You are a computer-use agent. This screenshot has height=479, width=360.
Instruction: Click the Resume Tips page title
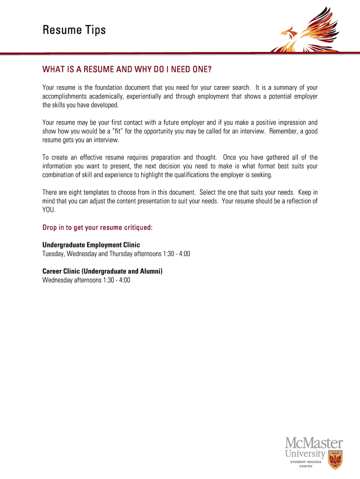click(x=74, y=31)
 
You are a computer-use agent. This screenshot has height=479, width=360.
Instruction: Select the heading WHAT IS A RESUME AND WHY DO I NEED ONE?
click(x=127, y=70)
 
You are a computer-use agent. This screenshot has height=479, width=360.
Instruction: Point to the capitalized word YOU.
click(x=49, y=210)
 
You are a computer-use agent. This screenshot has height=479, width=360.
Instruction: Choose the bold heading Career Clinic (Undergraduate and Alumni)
click(x=102, y=271)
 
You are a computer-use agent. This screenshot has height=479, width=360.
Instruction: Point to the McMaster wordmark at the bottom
click(x=314, y=443)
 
